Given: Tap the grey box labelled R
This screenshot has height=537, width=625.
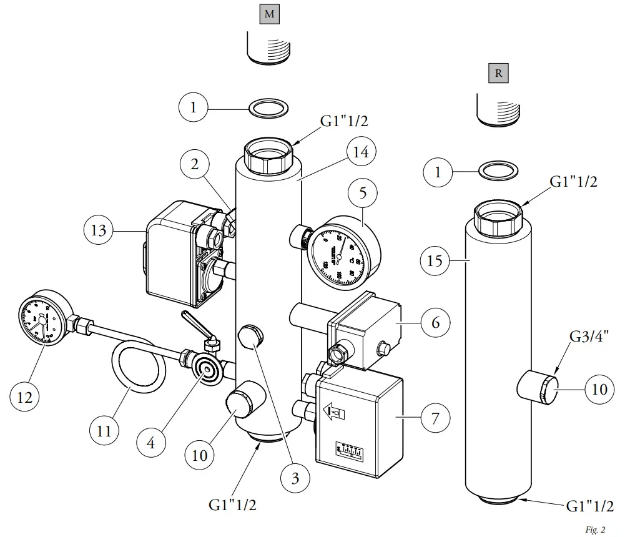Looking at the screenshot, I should [498, 73].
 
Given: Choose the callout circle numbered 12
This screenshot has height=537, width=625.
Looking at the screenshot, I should [25, 397].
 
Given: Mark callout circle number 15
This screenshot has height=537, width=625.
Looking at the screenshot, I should [435, 260].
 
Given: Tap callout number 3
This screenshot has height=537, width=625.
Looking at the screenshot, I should [295, 478].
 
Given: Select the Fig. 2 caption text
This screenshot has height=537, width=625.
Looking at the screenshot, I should [595, 530].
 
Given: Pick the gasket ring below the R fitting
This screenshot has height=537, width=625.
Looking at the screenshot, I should [498, 170].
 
